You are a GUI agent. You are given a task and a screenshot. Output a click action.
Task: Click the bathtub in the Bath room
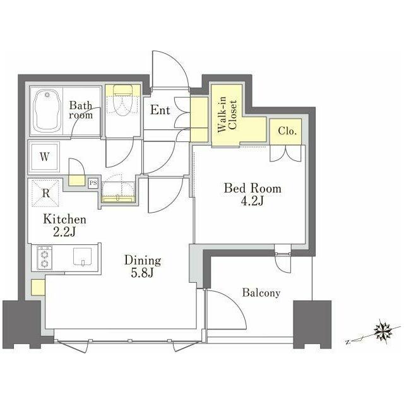click(x=47, y=110)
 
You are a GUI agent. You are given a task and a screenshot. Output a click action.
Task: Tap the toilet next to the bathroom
click(x=122, y=101)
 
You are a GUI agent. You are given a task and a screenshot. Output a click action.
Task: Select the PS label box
click(x=93, y=183)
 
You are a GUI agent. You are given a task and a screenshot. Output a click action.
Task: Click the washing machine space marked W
click(x=44, y=157)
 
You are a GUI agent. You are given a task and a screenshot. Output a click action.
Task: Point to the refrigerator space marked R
click(x=45, y=193)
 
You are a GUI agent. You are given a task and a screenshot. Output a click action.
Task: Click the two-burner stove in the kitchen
click(x=44, y=258)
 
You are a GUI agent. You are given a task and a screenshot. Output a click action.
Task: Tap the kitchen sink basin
click(x=82, y=256)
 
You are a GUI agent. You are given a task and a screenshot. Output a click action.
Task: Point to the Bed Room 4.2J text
click(x=252, y=194)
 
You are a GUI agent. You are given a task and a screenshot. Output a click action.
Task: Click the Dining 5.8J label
click(x=143, y=266)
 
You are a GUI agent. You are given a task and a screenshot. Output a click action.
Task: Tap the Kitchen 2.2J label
click(x=64, y=225)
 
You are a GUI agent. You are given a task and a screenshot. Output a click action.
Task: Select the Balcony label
click(x=261, y=293)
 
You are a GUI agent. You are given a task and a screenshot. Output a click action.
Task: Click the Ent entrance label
click(x=160, y=110)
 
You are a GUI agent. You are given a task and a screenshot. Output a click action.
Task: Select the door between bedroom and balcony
click(x=283, y=263)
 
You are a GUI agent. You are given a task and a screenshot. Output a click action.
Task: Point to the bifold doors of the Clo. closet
click(x=285, y=153)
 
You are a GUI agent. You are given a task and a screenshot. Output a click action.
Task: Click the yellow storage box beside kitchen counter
click(x=38, y=287)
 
